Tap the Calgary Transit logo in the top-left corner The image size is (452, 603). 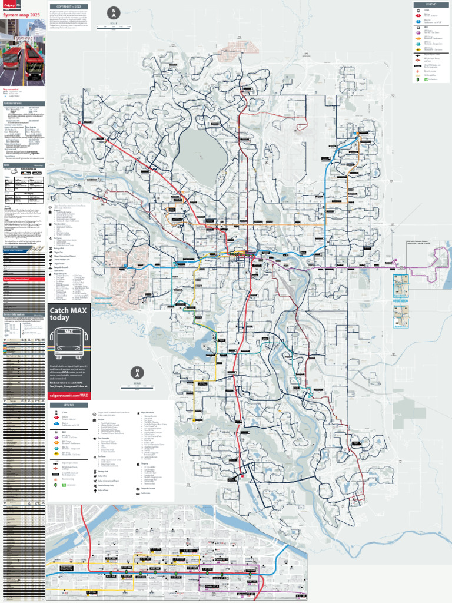pos(9,5)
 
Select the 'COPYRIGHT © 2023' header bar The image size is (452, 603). pos(68,6)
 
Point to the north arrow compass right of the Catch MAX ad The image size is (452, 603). pos(137,373)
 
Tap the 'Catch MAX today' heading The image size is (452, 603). pos(60,314)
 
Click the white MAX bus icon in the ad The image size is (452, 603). pos(69,343)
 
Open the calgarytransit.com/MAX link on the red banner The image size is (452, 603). pos(69,395)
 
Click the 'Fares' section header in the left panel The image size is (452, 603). pos(7,165)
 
